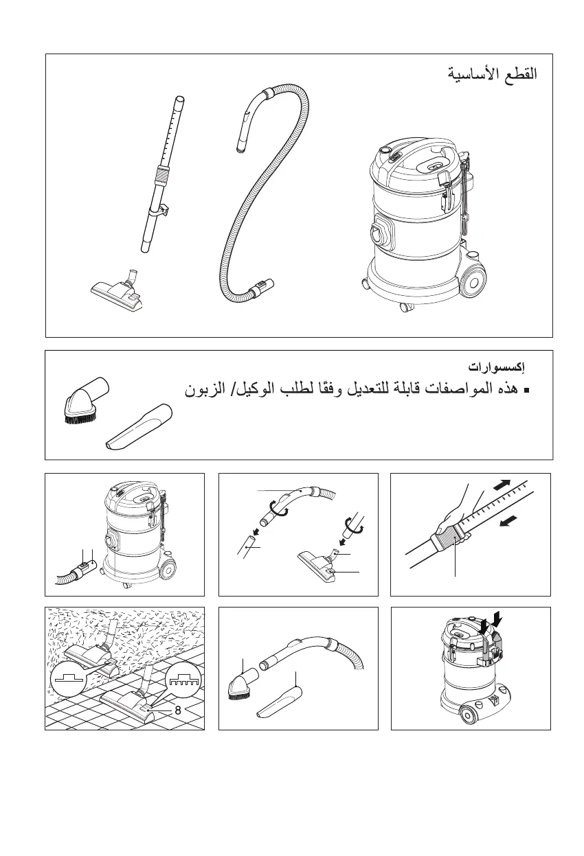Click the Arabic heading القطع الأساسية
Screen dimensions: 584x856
(493, 73)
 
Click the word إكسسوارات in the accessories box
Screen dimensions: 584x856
(496, 367)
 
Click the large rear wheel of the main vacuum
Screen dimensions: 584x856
(473, 283)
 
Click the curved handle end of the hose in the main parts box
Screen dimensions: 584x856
(252, 119)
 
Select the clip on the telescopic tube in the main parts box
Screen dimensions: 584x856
(164, 210)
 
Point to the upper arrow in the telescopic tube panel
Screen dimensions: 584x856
(504, 485)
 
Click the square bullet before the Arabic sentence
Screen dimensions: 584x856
(527, 390)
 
